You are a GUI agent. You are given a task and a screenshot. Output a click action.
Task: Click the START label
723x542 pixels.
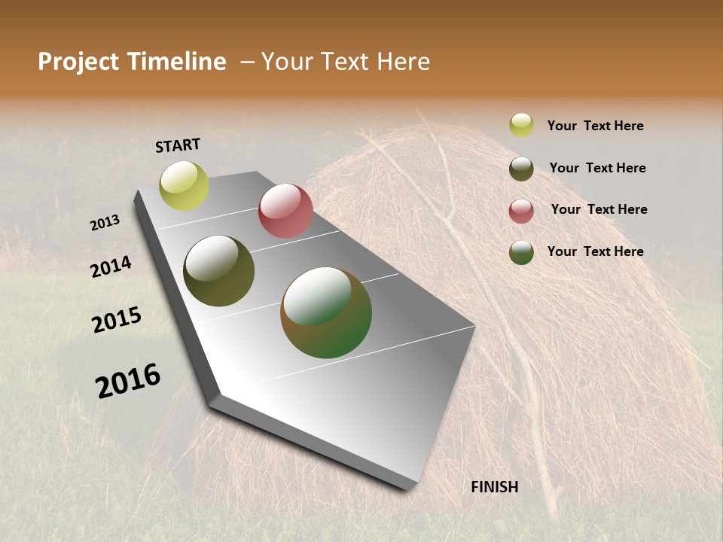click(x=178, y=145)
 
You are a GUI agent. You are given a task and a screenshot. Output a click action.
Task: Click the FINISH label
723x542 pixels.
click(x=494, y=487)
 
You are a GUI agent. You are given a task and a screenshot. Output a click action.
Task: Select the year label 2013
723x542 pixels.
click(x=105, y=223)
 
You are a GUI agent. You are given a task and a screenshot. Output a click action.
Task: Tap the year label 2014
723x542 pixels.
click(x=111, y=266)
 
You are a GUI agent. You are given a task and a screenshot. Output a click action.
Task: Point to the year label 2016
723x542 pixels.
click(x=128, y=381)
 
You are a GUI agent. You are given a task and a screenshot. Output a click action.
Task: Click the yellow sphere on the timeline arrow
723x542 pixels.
click(x=184, y=186)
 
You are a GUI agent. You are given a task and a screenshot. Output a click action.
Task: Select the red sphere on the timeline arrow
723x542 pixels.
click(x=285, y=211)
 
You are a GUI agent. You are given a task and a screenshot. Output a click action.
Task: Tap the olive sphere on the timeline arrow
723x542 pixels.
click(x=218, y=271)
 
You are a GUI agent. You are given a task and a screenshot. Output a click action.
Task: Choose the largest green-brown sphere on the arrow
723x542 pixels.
click(x=326, y=312)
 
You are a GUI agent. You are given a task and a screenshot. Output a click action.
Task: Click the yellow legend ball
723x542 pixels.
click(x=521, y=125)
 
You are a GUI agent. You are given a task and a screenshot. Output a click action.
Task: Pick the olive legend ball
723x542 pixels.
click(x=521, y=169)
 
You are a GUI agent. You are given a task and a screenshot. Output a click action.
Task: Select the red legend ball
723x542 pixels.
click(x=521, y=211)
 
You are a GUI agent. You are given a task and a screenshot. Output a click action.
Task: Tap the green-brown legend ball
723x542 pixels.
click(x=521, y=252)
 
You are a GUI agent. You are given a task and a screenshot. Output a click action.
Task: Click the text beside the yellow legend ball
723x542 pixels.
click(x=595, y=126)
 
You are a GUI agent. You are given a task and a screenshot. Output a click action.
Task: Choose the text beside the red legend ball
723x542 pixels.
click(x=599, y=209)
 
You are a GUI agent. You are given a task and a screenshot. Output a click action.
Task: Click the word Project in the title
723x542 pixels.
click(x=78, y=62)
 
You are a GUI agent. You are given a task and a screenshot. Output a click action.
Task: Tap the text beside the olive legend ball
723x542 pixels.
click(x=597, y=168)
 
